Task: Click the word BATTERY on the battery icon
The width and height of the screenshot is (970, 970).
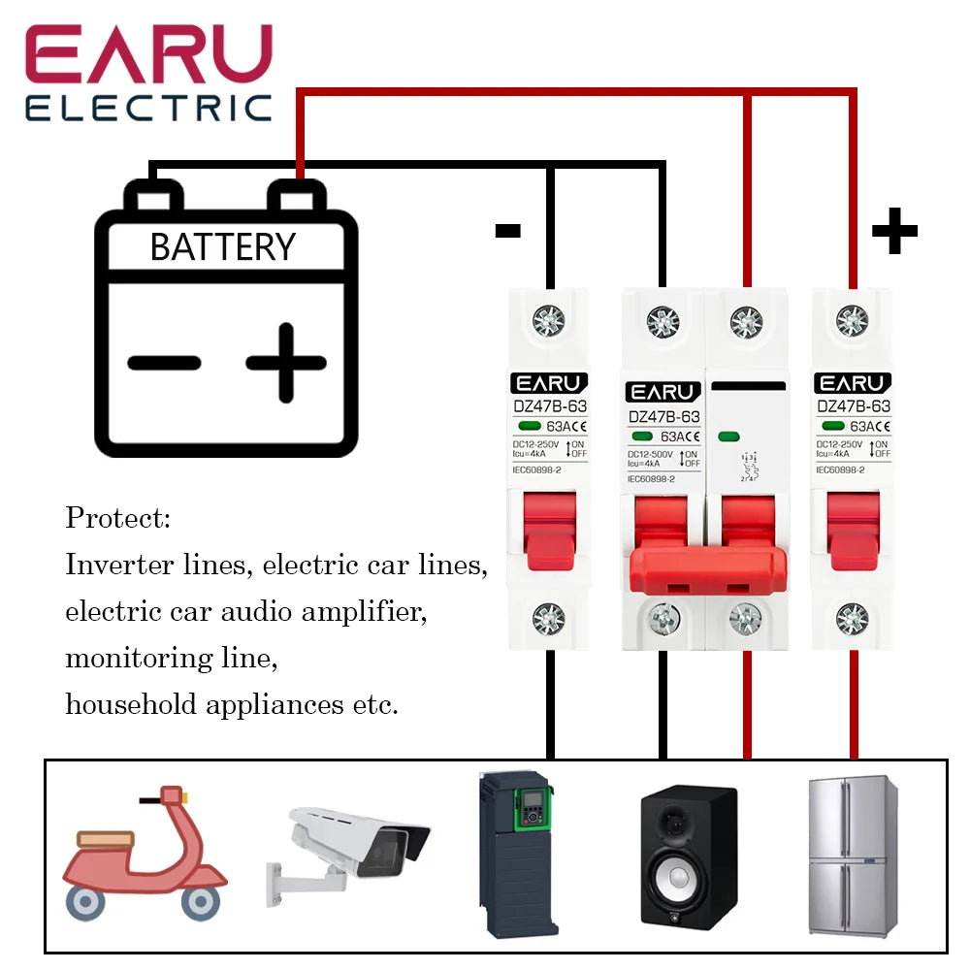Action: point(222,246)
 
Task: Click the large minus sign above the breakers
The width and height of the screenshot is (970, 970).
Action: point(508,231)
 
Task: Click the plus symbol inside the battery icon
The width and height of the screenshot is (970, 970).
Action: point(285,363)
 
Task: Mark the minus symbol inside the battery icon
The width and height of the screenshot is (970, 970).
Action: point(164,364)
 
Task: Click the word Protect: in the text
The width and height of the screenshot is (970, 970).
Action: point(117,518)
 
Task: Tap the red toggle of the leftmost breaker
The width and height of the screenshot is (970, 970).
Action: point(549,529)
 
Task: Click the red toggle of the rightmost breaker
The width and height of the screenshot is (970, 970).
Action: point(853,529)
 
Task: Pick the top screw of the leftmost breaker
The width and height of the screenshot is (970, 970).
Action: point(549,317)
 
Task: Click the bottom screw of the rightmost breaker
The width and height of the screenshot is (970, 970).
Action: point(853,617)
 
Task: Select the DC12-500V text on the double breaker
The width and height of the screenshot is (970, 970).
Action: point(651,453)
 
